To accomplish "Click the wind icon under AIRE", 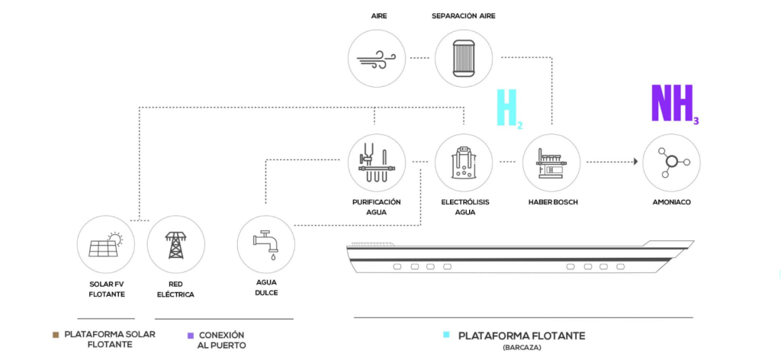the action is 376,58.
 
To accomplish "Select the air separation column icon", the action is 464,58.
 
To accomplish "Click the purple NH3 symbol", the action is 674,104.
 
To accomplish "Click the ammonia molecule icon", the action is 671,162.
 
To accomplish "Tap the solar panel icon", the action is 105,244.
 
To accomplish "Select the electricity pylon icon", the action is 175,244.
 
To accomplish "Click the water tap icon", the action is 265,245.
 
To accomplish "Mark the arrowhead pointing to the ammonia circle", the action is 635,162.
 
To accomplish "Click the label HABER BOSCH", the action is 551,203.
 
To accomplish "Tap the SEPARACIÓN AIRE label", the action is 464,16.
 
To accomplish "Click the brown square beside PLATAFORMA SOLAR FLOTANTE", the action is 56,335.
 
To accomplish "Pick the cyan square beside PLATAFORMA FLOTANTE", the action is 446,335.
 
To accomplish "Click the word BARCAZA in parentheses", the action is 522,347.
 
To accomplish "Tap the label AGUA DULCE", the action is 265,288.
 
